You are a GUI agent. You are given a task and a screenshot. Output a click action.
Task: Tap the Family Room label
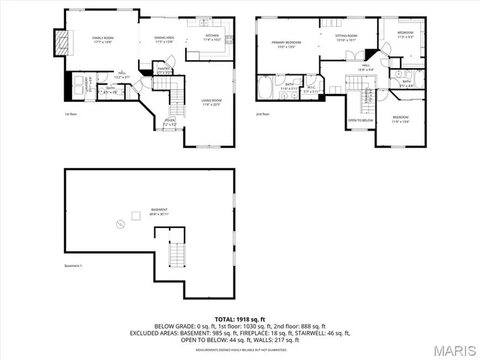[102, 39]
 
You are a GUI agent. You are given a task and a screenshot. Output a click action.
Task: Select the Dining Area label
[164, 40]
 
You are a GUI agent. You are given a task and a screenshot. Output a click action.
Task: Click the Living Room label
[211, 103]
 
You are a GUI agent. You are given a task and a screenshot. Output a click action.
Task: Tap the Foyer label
[169, 121]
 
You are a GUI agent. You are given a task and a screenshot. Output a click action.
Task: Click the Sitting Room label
[346, 37]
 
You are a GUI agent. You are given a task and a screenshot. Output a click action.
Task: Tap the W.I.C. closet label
[310, 89]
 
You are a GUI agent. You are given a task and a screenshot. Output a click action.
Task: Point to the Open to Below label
[360, 120]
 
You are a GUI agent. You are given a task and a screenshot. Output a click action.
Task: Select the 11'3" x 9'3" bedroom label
[405, 35]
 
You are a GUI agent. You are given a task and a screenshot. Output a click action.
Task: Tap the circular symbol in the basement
[118, 223]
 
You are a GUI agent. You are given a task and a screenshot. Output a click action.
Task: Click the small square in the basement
[136, 216]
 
